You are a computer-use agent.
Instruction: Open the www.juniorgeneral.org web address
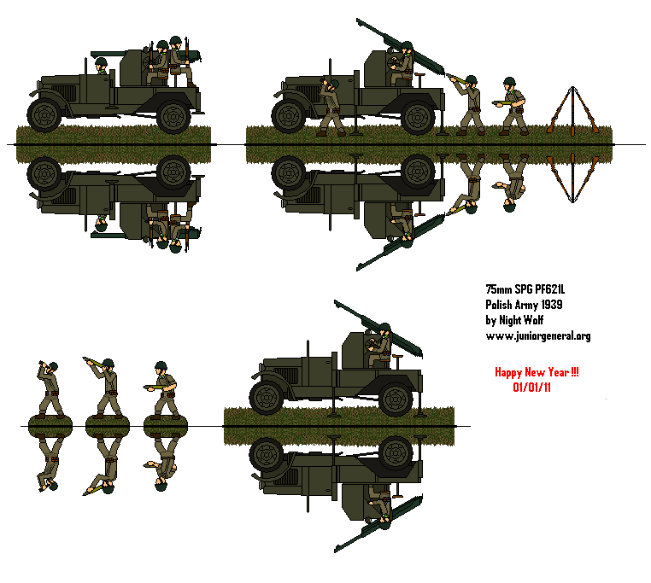pos(537,336)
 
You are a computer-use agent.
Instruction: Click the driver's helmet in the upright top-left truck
pos(101,63)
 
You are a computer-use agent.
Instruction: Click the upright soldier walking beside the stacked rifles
pos(514,106)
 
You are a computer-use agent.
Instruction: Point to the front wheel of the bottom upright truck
pos(267,397)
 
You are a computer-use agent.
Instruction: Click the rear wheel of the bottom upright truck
pos(396,397)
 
